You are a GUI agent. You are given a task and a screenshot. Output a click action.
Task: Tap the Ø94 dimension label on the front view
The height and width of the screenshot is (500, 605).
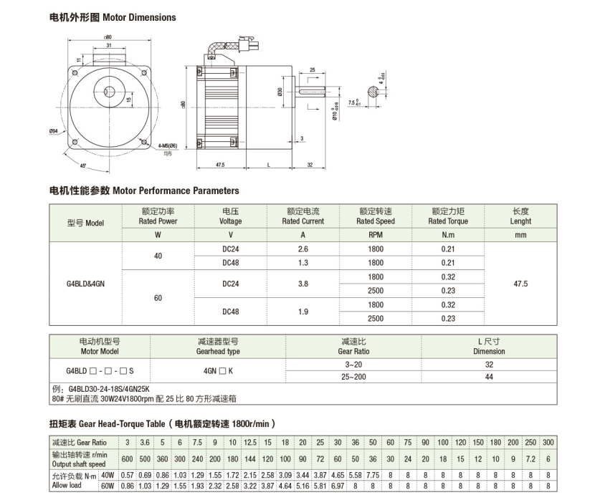click(x=54, y=131)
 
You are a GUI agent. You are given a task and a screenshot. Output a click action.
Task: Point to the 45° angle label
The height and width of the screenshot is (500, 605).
click(x=84, y=166)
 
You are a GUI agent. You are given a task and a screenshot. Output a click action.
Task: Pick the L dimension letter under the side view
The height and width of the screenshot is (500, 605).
click(x=267, y=165)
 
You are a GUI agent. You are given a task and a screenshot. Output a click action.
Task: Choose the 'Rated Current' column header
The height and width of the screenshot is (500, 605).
click(x=302, y=221)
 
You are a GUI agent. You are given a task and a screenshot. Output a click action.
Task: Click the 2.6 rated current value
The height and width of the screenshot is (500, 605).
click(x=302, y=249)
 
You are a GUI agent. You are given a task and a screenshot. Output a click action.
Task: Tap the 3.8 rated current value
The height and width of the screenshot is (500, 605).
click(x=302, y=284)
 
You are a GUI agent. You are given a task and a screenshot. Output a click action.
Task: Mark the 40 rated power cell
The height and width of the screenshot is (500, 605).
click(x=158, y=256)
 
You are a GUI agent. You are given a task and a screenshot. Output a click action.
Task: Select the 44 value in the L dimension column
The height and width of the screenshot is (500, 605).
click(x=489, y=377)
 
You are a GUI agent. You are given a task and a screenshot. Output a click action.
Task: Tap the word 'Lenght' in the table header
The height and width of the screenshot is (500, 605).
click(x=520, y=221)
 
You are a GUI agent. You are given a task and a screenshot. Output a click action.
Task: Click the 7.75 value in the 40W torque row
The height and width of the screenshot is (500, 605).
click(x=373, y=475)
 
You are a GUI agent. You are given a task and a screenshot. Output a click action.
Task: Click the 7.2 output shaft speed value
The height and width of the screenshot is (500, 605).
click(x=530, y=458)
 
